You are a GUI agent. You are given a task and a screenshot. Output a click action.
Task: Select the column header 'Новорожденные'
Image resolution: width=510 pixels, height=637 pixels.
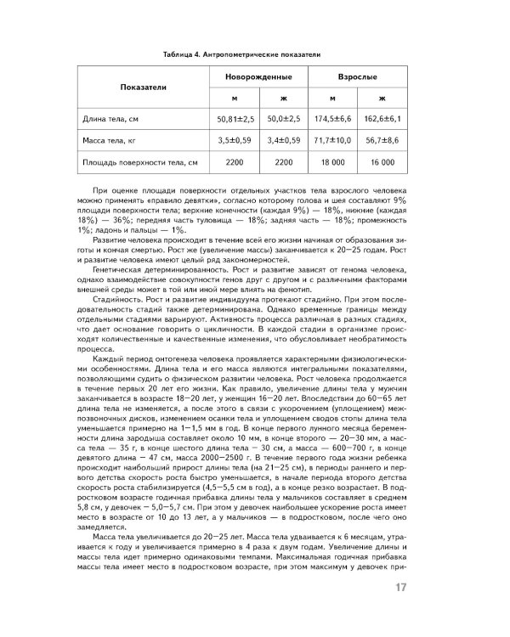(x=253, y=76)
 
